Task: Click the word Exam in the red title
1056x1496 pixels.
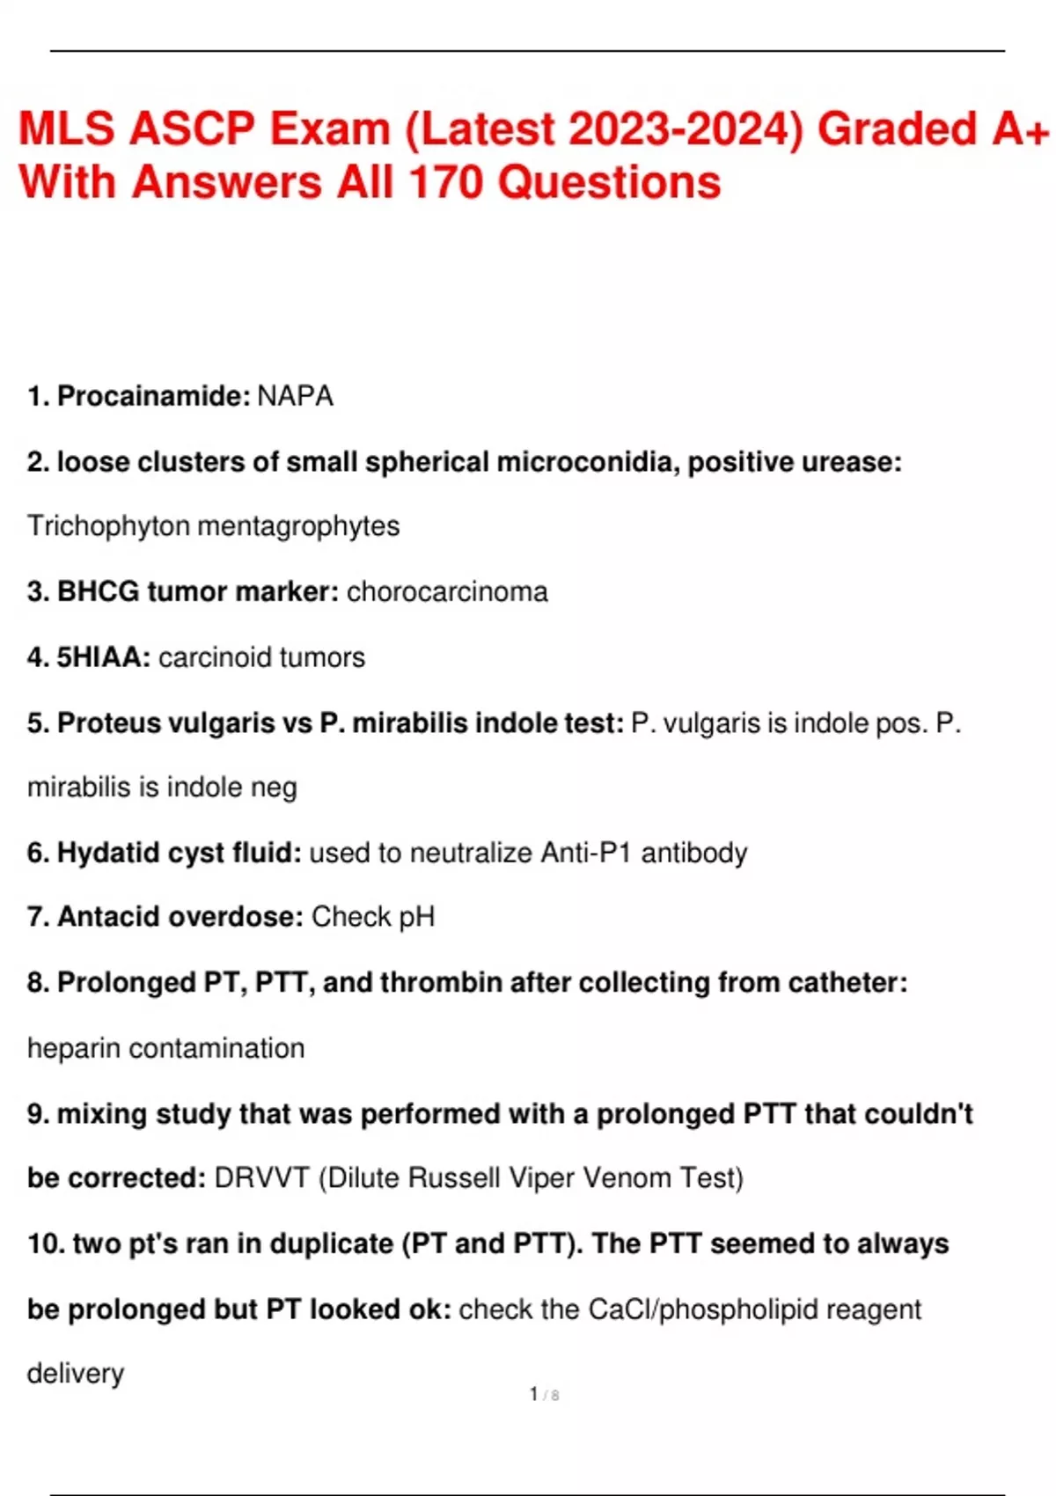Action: click(330, 128)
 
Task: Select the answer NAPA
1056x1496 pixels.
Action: click(296, 396)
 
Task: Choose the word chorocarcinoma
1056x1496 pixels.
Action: click(447, 591)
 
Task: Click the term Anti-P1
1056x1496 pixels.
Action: click(586, 853)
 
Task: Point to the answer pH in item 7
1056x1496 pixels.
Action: click(417, 917)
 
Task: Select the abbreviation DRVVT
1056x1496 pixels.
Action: click(261, 1178)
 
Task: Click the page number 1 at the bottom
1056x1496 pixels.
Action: click(534, 1394)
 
